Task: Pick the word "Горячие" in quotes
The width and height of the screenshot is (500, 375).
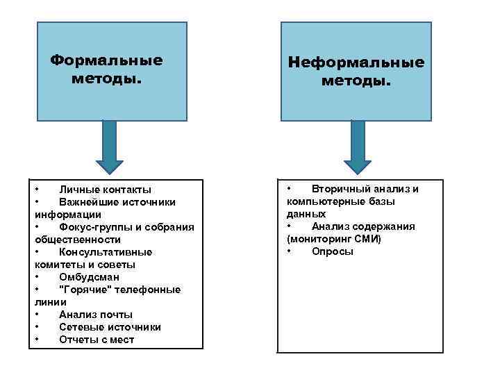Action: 85,290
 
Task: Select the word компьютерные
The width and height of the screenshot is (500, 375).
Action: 322,201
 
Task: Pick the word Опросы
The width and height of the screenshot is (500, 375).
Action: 333,251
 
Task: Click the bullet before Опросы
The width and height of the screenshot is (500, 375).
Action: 290,251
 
